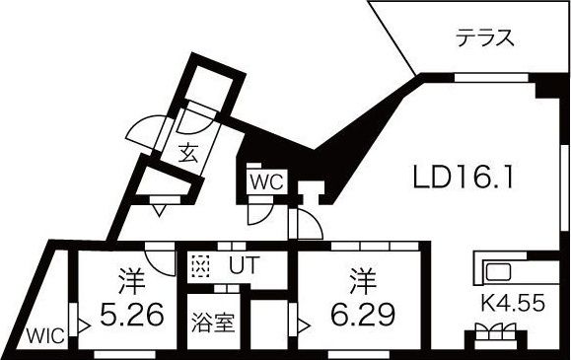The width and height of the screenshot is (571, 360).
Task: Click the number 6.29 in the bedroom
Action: [361, 315]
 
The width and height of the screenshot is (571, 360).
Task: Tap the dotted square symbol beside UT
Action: [201, 265]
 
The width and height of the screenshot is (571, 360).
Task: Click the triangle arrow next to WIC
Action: [85, 323]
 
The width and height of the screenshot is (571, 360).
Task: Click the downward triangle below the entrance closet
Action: [158, 208]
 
